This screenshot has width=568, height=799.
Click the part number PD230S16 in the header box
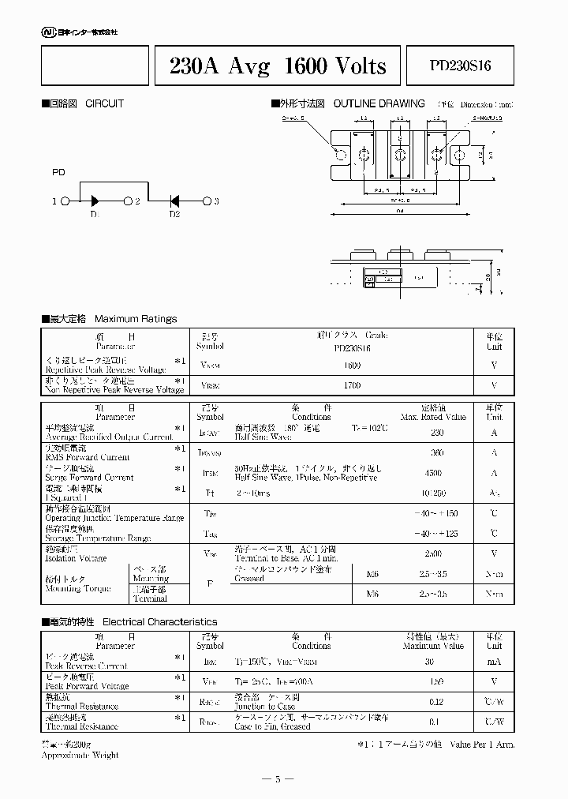(x=460, y=66)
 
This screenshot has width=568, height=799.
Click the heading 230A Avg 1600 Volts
(x=278, y=66)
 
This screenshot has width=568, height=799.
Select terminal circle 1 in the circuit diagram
(x=66, y=201)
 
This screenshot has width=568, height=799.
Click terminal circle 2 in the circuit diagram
(x=128, y=201)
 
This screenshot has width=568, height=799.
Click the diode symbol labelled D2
(x=175, y=201)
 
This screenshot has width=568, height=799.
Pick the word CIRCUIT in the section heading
(x=104, y=103)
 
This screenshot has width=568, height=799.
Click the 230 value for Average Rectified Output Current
(x=437, y=432)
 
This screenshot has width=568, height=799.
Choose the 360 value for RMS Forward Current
(x=437, y=452)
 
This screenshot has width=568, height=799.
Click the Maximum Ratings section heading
(x=135, y=319)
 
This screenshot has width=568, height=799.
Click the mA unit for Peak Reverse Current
(x=494, y=661)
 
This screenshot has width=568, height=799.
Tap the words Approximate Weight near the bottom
(x=80, y=755)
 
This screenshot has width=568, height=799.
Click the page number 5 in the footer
(x=278, y=779)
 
